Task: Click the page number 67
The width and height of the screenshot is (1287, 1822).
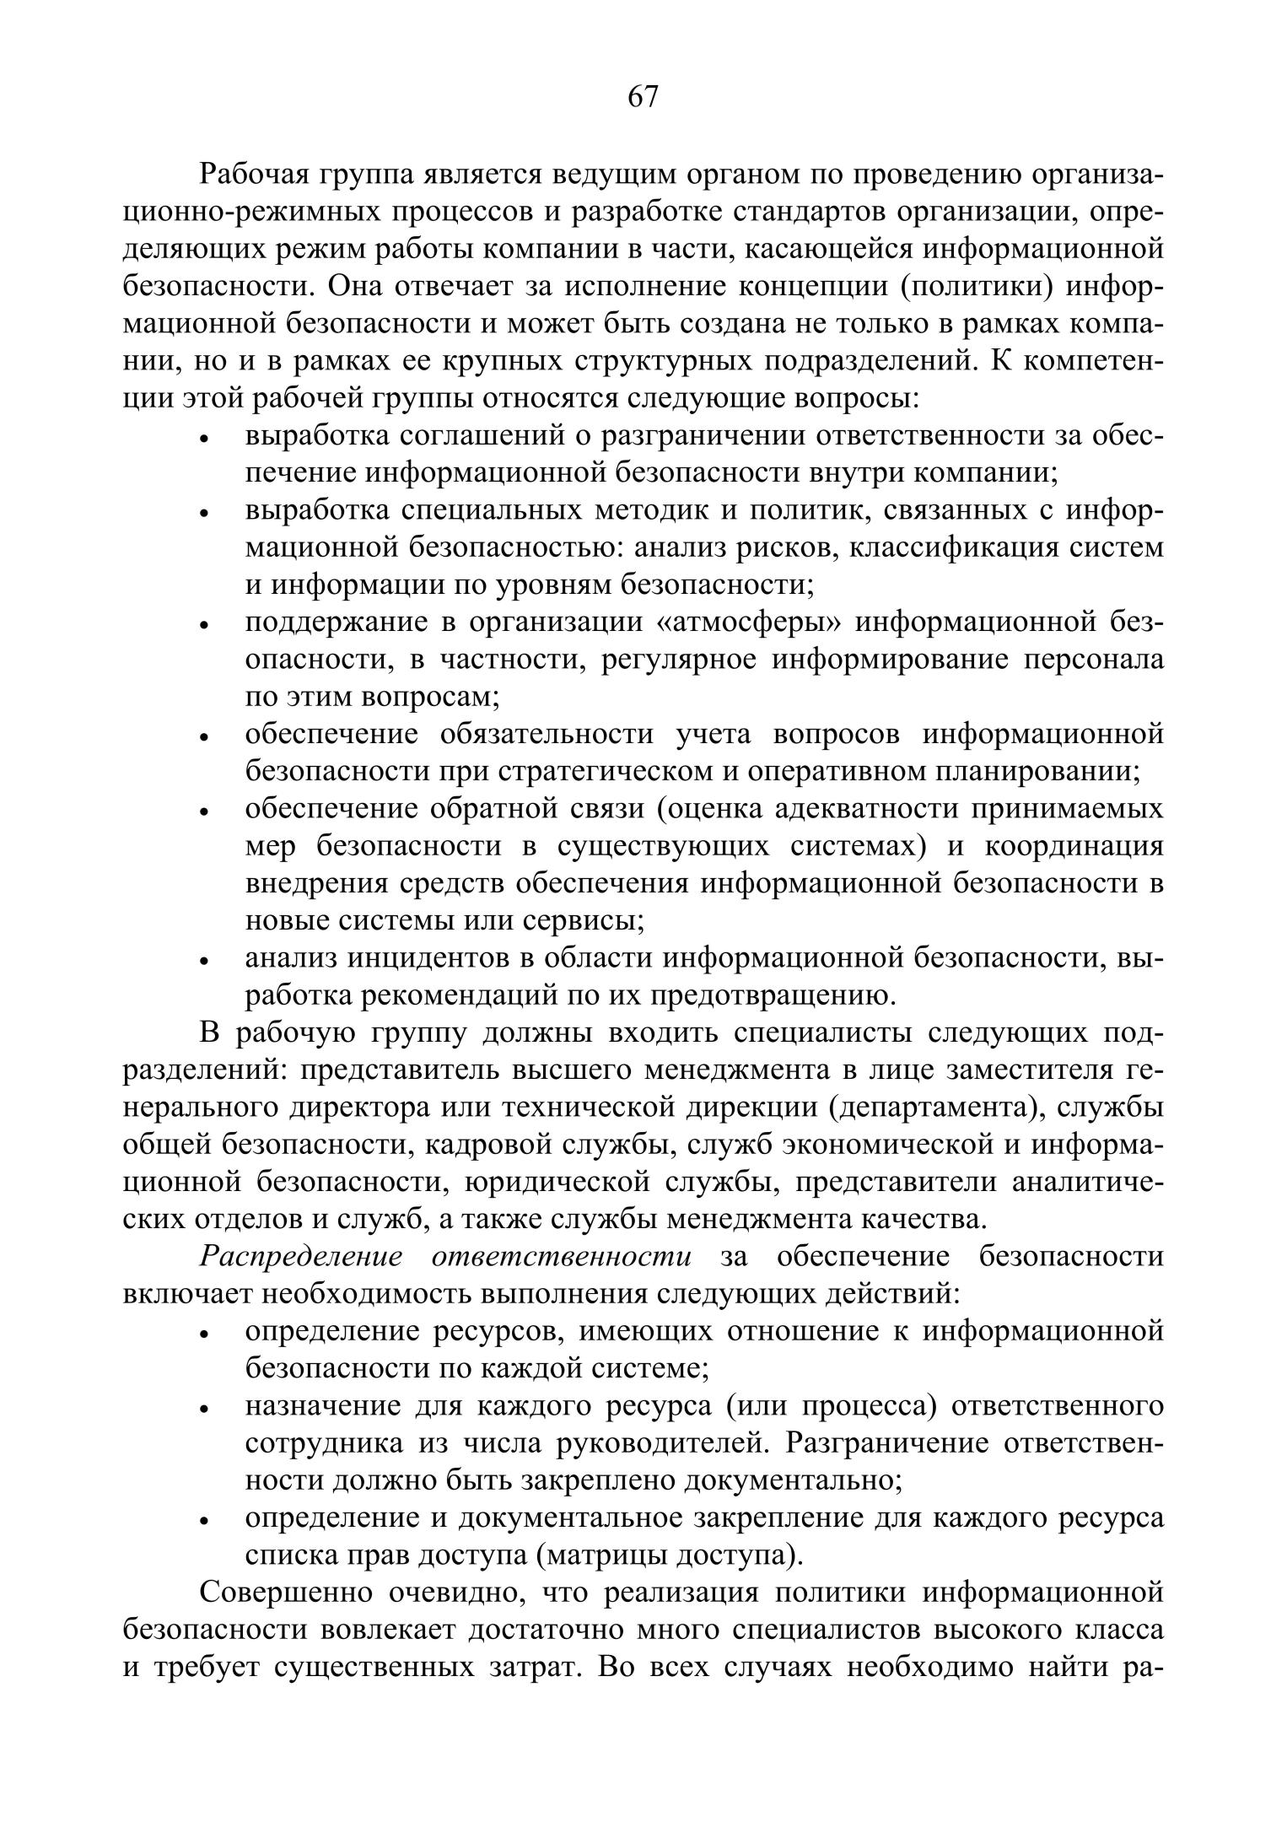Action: [643, 98]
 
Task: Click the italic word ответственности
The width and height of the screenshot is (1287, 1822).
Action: [561, 1257]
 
